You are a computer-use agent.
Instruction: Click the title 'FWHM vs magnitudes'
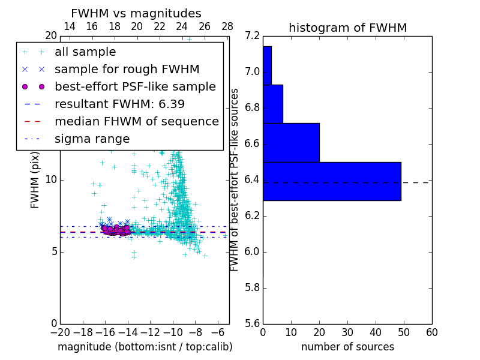[136, 13]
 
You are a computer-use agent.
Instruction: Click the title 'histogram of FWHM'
[347, 28]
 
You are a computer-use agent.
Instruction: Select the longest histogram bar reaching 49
[332, 181]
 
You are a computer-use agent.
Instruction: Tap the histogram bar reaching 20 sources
[291, 142]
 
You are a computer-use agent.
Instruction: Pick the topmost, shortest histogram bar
[267, 65]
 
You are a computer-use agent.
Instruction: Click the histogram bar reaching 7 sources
[272, 104]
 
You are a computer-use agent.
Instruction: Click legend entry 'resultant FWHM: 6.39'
[119, 104]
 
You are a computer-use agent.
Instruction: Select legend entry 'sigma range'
[92, 139]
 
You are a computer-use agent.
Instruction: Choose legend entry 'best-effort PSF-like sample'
[135, 86]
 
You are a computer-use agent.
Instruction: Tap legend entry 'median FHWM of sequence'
[136, 121]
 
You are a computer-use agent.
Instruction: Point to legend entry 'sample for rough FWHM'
[127, 69]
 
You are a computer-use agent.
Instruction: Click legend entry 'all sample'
[85, 52]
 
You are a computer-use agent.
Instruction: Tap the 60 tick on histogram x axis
[431, 332]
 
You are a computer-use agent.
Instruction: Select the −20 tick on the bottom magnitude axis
[60, 332]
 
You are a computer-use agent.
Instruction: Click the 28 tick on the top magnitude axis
[227, 26]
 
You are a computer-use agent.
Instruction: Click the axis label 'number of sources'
[347, 347]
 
